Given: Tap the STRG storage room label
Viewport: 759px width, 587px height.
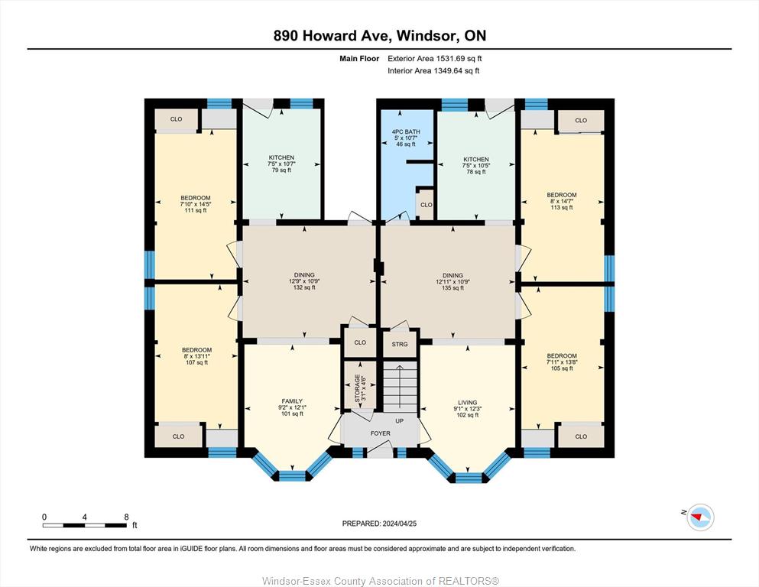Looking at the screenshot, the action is pos(400,345).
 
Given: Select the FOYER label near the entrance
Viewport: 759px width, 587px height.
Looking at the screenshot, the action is pos(381,433).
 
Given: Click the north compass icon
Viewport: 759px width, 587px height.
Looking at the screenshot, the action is pos(700,517).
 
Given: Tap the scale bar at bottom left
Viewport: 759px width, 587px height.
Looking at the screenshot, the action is pos(85,525).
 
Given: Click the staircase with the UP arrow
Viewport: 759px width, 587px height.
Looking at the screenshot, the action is pos(401,387).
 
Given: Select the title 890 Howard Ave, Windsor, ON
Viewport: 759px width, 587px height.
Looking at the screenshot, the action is pos(379,36).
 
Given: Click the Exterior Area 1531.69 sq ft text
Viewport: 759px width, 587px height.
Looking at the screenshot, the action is pos(435,59).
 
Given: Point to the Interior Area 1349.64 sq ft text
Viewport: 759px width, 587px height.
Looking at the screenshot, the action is pos(433,70).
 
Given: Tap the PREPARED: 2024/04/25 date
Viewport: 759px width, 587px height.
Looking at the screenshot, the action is pos(379,524).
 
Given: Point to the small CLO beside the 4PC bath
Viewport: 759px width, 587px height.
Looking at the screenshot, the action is pos(426,205).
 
